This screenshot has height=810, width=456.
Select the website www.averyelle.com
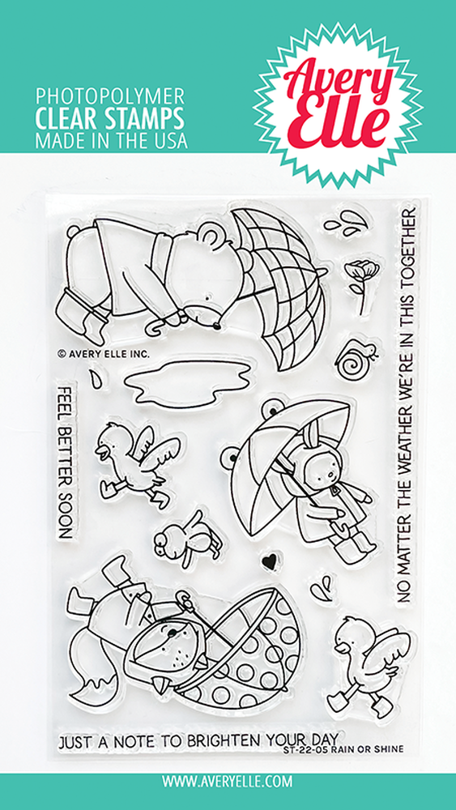click(228, 779)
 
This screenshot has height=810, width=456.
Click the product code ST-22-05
click(300, 748)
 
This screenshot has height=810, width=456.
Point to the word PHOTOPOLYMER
click(109, 96)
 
